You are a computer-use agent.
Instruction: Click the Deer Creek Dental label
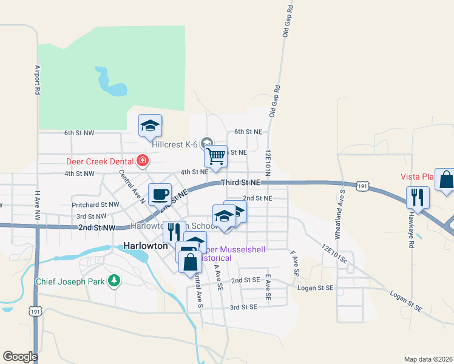click(x=100, y=161)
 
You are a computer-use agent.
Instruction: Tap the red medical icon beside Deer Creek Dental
click(x=143, y=161)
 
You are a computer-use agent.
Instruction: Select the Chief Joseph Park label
click(x=70, y=281)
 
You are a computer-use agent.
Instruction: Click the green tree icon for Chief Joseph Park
click(x=113, y=280)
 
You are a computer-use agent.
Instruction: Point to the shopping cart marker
click(x=215, y=157)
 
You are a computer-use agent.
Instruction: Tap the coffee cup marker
click(x=160, y=194)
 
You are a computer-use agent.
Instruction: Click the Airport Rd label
click(x=38, y=79)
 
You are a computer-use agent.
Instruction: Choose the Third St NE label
click(x=240, y=182)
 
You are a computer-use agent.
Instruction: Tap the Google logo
click(x=20, y=357)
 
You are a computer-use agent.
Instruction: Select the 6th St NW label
click(x=79, y=132)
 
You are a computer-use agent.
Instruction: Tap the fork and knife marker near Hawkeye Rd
click(x=418, y=197)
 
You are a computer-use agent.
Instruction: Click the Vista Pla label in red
click(x=416, y=177)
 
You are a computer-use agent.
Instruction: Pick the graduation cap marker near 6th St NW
click(x=150, y=126)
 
